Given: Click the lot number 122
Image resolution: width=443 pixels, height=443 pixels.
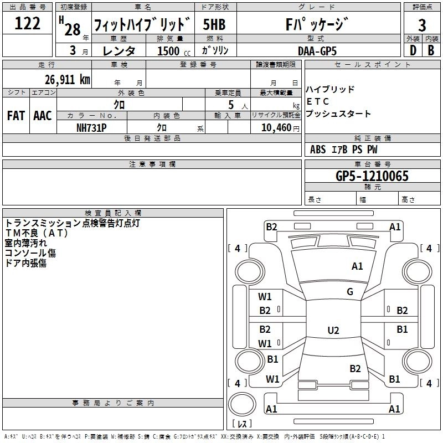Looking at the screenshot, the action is click(27, 24).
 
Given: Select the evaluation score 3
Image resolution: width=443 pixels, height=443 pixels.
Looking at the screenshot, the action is click(422, 25).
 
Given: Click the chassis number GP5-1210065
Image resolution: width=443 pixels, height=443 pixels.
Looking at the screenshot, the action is click(372, 176).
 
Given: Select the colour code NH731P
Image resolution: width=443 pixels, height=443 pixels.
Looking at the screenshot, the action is click(91, 127).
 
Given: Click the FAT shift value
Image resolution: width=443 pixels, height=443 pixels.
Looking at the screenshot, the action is click(16, 115).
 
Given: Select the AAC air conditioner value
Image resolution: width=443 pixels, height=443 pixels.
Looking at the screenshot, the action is click(42, 115).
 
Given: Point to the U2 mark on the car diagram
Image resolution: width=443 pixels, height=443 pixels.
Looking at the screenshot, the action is click(333, 331).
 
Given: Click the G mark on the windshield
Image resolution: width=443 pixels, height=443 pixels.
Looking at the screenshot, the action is click(350, 292).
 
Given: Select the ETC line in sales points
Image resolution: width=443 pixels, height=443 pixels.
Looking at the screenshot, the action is click(318, 101).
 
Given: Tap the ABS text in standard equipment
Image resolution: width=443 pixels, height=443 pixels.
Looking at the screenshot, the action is click(318, 150).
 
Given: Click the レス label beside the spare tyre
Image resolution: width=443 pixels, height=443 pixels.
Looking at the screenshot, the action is click(242, 424).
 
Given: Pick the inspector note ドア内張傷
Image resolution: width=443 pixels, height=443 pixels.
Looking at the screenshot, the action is click(26, 263).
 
